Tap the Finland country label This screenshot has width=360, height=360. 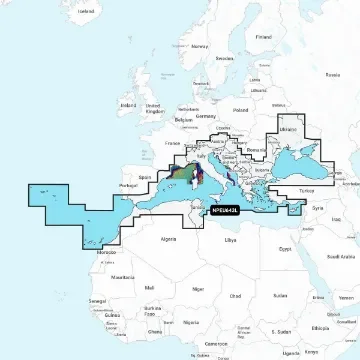click(263, 37)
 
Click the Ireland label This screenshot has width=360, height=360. click(127, 103)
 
